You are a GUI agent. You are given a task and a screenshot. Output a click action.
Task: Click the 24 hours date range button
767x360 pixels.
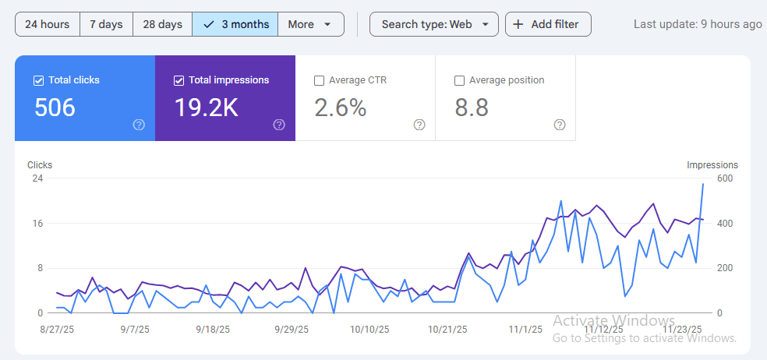pos(47,24)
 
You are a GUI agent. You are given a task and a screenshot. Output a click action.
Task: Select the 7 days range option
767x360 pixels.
pos(106,24)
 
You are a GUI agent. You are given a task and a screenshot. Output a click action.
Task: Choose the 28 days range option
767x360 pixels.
pos(162,24)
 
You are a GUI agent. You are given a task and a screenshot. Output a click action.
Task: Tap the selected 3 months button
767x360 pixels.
pos(235,24)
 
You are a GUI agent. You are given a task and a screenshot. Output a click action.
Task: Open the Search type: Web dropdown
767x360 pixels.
pos(433,24)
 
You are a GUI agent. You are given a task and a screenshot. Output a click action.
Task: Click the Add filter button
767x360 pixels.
pos(547,24)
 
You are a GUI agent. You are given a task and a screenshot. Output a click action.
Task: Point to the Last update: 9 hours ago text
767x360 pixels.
pos(697,24)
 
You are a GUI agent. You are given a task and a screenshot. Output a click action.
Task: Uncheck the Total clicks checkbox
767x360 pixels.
pos(39,80)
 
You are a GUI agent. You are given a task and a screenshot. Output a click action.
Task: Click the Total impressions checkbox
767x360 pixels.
pos(179,80)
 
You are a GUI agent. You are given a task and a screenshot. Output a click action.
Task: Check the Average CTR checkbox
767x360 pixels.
pos(319,80)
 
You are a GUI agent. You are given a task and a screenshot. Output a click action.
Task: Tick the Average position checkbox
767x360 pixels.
pos(459,80)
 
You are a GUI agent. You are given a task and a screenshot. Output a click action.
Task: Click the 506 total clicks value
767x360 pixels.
pos(55,108)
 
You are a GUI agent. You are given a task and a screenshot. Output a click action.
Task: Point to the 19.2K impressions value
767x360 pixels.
pos(206,108)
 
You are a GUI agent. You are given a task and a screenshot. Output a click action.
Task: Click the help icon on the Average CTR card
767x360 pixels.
pos(419,125)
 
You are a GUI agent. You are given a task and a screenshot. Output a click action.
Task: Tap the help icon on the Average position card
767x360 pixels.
pos(560,125)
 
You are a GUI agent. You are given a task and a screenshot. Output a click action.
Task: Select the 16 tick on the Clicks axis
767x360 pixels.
pos(37,224)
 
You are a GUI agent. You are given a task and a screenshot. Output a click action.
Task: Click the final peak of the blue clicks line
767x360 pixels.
pos(703,184)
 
